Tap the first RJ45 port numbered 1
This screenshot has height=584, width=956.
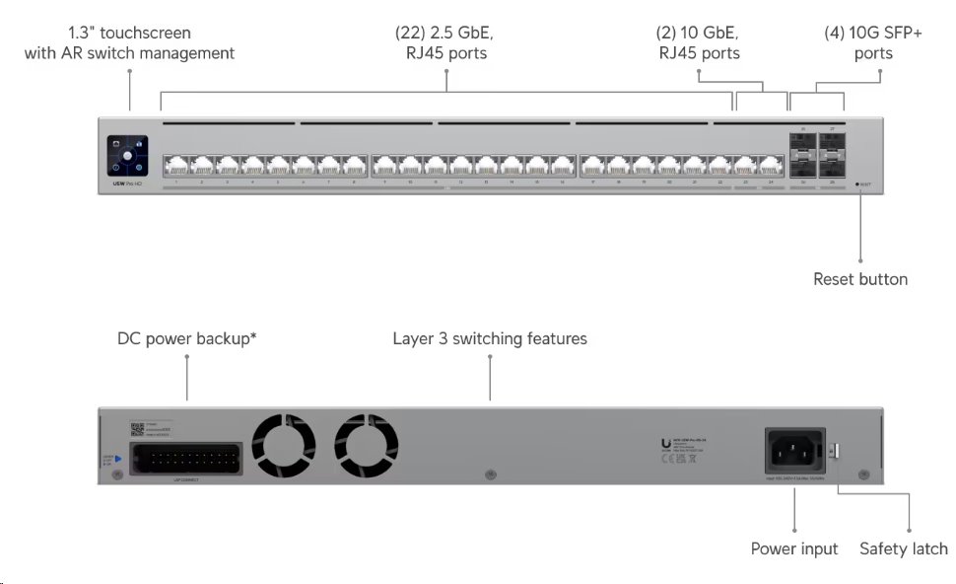point(174,164)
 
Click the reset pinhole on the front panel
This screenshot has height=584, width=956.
point(859,184)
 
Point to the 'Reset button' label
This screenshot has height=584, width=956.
point(859,279)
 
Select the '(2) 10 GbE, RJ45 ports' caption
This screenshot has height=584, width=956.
point(699,42)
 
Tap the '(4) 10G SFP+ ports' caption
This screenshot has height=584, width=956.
point(873,42)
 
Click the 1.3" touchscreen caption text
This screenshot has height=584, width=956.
point(129,42)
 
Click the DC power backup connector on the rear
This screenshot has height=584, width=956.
point(186,459)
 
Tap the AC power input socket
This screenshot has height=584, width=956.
point(795,451)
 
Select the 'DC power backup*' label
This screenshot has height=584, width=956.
point(186,338)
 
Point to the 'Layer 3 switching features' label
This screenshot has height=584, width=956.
point(490,338)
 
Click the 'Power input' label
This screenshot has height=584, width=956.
point(794,548)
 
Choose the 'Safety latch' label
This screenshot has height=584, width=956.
point(903,548)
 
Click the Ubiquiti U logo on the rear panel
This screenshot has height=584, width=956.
point(666,444)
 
